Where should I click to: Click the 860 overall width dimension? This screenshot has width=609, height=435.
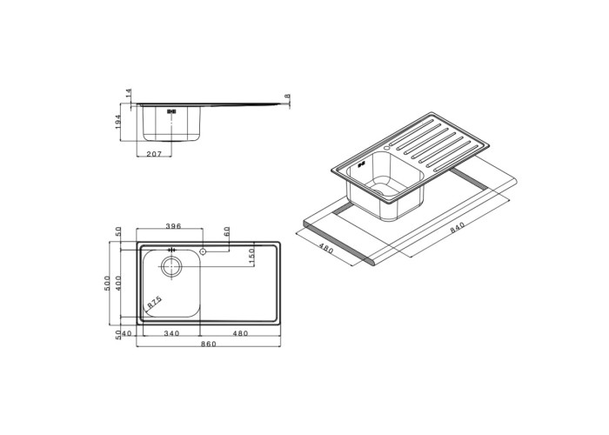coord(209,344)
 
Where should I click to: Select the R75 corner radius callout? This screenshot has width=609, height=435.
coord(154,302)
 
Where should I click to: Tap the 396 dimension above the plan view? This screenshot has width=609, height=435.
coord(173,226)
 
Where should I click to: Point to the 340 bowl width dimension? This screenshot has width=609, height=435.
coord(171,333)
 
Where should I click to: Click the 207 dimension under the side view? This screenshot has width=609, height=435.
coord(154,154)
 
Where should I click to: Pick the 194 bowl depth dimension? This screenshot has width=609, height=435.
coord(118,122)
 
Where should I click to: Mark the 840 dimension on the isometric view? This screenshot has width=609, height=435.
coord(457,227)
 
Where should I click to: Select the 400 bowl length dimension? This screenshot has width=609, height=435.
coord(118,283)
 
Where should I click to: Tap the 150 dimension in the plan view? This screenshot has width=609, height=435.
coord(251,257)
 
